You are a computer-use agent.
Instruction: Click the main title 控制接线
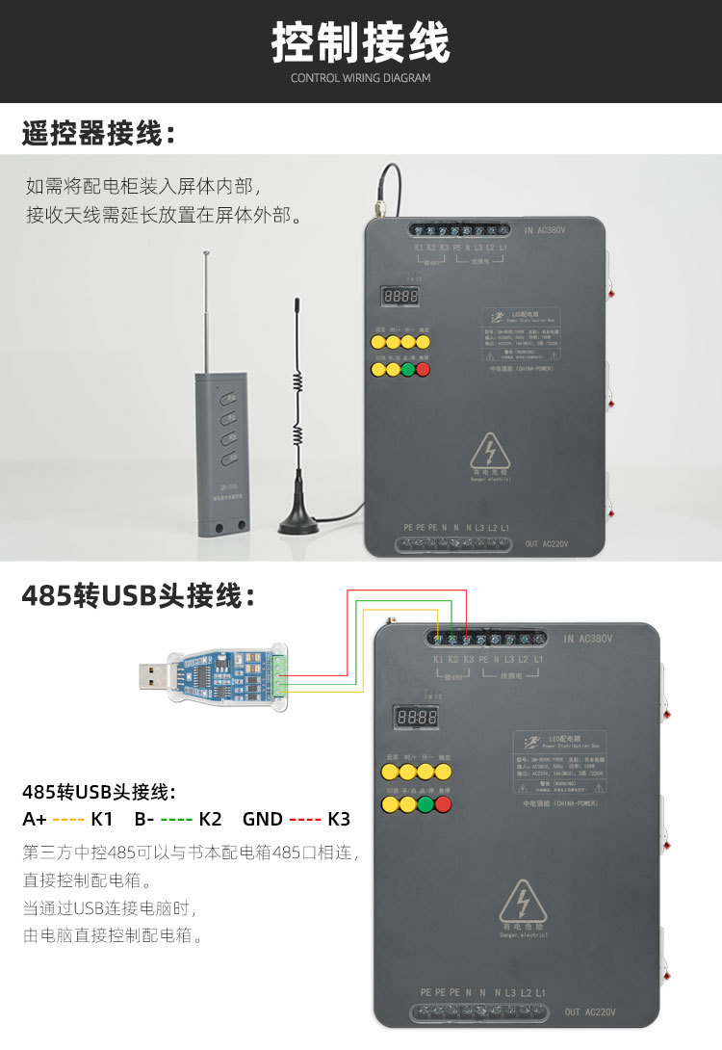click(x=360, y=43)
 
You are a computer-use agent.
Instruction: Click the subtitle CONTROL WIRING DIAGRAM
click(x=360, y=78)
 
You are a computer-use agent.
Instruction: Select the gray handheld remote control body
click(x=221, y=453)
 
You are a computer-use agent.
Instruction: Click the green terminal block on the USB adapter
click(x=279, y=674)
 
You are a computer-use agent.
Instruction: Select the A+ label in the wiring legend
click(x=35, y=820)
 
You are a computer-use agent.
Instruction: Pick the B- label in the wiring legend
click(x=145, y=820)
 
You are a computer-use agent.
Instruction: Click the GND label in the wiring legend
click(x=262, y=820)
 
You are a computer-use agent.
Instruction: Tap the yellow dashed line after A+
click(x=69, y=820)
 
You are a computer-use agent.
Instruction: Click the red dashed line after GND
click(x=305, y=820)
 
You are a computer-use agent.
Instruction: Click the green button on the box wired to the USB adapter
click(x=425, y=802)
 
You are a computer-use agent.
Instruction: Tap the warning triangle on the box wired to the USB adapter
click(x=523, y=902)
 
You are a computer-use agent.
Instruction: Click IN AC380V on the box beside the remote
click(x=545, y=231)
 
